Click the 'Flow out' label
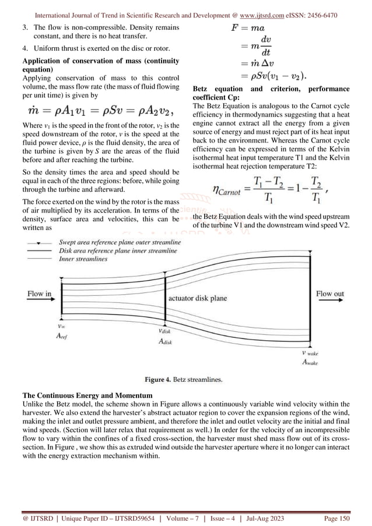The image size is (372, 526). (x=330, y=294)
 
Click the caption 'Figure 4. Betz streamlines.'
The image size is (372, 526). (x=184, y=380)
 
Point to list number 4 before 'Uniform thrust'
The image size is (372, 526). (x=25, y=48)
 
